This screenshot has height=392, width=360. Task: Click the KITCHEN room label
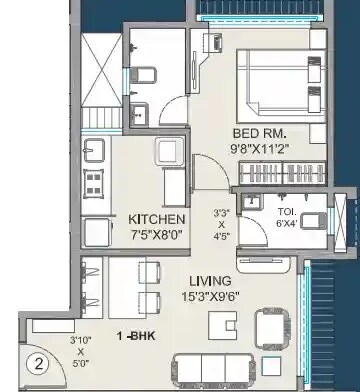coord(156,220)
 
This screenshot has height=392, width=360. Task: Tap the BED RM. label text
coord(259,133)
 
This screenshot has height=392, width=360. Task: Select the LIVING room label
coord(210,281)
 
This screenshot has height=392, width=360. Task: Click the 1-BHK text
coord(136,336)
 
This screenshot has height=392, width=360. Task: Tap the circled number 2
coord(39,364)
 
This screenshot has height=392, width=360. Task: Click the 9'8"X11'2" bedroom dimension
coord(260,149)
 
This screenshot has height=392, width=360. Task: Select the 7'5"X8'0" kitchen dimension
coord(156,235)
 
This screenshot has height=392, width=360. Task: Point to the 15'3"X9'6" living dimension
coord(210,296)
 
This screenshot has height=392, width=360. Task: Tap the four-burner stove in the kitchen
coord(93,182)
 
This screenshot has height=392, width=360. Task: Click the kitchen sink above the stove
coord(94,151)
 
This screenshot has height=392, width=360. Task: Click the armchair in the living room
coord(272,328)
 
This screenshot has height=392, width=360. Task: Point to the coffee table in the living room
coord(223,325)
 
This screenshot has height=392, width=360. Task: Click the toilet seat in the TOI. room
coord(313,221)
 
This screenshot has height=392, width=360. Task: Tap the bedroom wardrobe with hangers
coord(282,173)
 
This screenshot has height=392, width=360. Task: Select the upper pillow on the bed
coord(314,70)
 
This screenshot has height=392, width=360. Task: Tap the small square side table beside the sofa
coord(271,366)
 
